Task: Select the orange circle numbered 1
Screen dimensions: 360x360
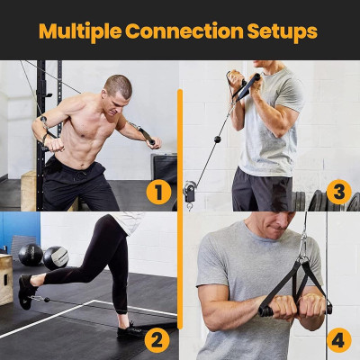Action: [158, 191]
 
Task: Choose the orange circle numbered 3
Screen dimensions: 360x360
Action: [337, 191]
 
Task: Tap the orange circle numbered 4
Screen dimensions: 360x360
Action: [337, 340]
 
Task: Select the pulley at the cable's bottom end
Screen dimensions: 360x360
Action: [190, 191]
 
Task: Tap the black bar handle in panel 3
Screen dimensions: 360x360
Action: [247, 86]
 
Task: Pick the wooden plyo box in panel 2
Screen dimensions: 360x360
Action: [6, 279]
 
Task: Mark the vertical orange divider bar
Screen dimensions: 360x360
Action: [180, 207]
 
